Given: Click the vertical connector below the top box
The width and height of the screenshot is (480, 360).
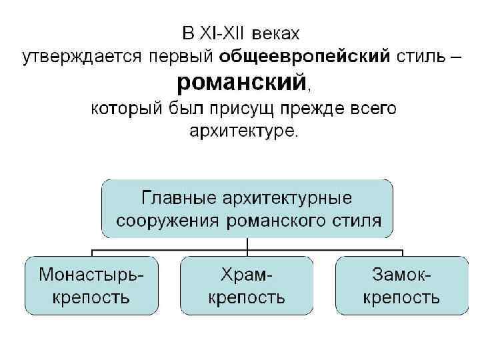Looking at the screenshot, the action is (x=247, y=245).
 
